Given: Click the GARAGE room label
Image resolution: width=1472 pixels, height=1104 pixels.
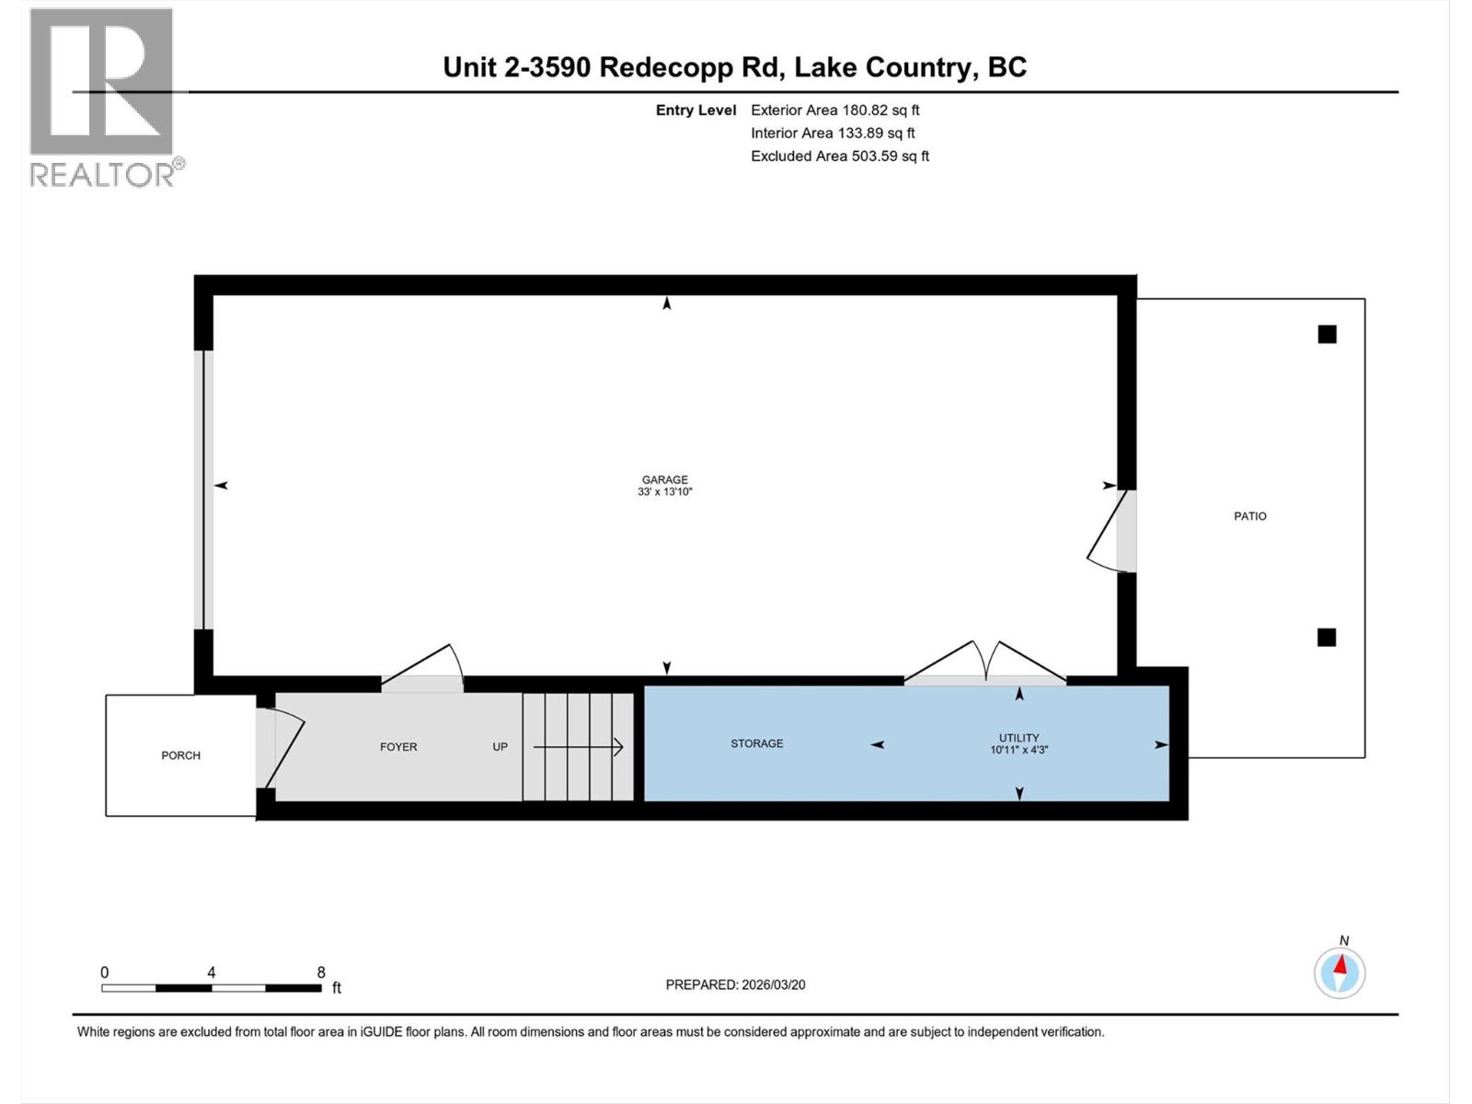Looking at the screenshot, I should point(664,479).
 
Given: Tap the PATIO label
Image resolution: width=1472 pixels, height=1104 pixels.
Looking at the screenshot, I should point(1249,516).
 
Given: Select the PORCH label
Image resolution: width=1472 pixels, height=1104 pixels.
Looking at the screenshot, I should point(180,755).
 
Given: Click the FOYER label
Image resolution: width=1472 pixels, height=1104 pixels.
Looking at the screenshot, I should point(398,747).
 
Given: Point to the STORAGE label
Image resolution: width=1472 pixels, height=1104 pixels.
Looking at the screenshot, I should point(756,743).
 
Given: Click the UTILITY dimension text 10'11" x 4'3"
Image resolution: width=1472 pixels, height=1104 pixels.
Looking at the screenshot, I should point(1018,750).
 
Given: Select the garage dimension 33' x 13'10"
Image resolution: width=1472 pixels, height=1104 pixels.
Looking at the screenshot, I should point(664,492).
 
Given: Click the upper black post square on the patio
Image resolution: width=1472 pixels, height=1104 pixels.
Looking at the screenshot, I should point(1327,335).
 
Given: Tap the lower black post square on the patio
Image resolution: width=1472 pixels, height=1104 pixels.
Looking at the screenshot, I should point(1326,637).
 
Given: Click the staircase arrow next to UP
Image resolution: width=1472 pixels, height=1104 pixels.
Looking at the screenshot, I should point(579,747).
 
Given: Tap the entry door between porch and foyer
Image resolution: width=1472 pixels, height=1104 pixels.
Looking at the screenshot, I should point(280,748).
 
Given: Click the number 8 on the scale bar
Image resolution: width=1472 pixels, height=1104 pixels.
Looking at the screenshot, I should point(321,972).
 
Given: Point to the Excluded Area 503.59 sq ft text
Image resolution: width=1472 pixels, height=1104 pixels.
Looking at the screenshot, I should point(839,156).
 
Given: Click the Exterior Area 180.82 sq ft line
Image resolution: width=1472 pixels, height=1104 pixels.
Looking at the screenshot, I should point(834,110).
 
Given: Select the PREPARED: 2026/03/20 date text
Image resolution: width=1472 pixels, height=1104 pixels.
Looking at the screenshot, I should point(735,984).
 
